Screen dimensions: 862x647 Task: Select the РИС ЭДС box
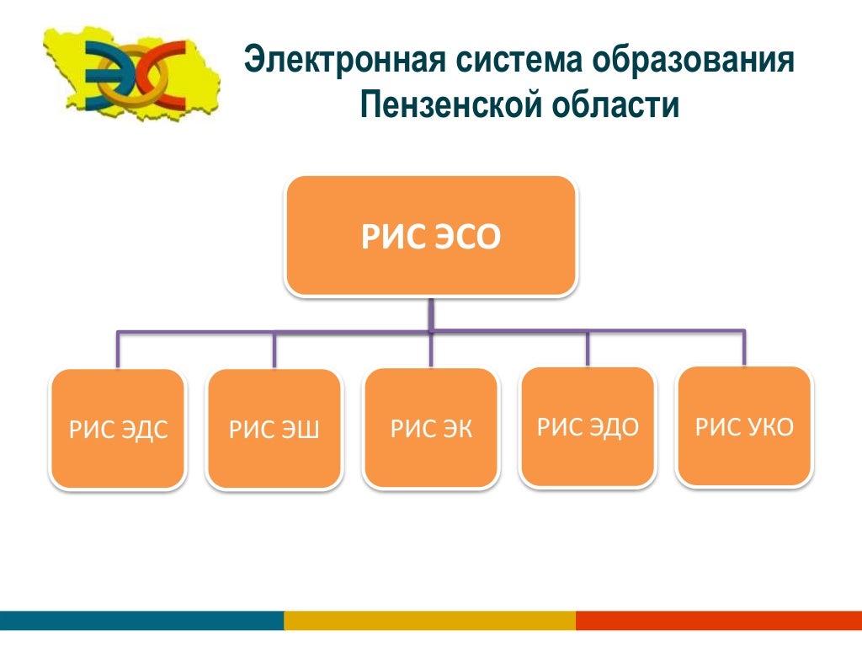118,429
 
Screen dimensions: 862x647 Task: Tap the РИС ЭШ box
274,429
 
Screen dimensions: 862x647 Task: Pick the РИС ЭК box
431,428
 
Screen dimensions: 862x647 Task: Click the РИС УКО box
744,425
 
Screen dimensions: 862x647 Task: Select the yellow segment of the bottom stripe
429,621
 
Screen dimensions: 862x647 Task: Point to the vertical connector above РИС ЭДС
118,350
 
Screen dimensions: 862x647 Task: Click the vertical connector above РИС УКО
744,347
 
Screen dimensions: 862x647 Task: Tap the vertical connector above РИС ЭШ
274,350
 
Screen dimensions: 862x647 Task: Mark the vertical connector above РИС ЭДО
588,348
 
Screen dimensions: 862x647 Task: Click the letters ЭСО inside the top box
467,238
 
